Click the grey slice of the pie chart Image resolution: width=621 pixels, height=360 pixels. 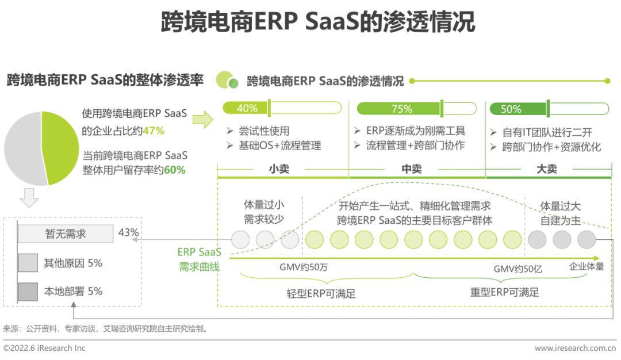pos(23,147)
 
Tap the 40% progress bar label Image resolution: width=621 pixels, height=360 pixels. pos(247,108)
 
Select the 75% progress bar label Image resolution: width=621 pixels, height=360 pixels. pos(401,108)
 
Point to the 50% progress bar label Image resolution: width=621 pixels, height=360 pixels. pos(511,108)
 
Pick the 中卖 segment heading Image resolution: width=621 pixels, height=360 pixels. pos(412,169)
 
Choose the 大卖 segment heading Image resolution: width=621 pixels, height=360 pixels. pos(546,169)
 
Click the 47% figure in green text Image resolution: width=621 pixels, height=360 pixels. pos(154,131)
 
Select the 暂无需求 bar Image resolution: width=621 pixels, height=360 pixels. pos(66,233)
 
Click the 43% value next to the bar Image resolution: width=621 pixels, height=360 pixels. pos(129,232)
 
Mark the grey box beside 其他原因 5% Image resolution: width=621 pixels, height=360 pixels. pos(28,263)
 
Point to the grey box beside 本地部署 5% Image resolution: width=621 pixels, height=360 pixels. pos(28,292)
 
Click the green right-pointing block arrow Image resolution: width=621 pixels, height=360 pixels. pos(202,119)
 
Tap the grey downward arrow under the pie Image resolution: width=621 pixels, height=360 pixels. pos(29,198)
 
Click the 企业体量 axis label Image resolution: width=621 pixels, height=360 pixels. pos(586,266)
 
